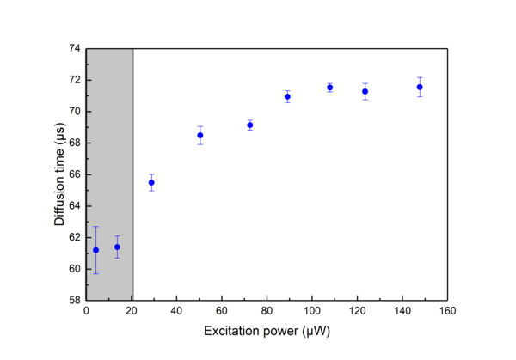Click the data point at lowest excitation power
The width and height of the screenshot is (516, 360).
(x=95, y=250)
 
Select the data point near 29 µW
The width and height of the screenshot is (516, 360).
(x=151, y=182)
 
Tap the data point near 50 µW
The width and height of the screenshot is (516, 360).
(x=200, y=135)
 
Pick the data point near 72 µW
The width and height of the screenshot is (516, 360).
(x=250, y=125)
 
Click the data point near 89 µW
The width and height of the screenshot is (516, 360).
(x=287, y=96)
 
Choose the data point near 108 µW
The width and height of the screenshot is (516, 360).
(x=329, y=88)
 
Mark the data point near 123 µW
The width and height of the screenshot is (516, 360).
(x=365, y=91)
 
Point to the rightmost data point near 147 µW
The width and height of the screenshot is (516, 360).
(x=420, y=87)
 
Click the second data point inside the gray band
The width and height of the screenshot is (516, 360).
(x=117, y=247)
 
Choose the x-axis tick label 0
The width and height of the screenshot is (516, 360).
(x=86, y=311)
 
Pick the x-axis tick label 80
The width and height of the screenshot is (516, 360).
(x=267, y=311)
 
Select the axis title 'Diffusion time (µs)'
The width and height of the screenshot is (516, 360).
(x=59, y=175)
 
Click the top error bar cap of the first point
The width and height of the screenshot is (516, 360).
(x=95, y=227)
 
